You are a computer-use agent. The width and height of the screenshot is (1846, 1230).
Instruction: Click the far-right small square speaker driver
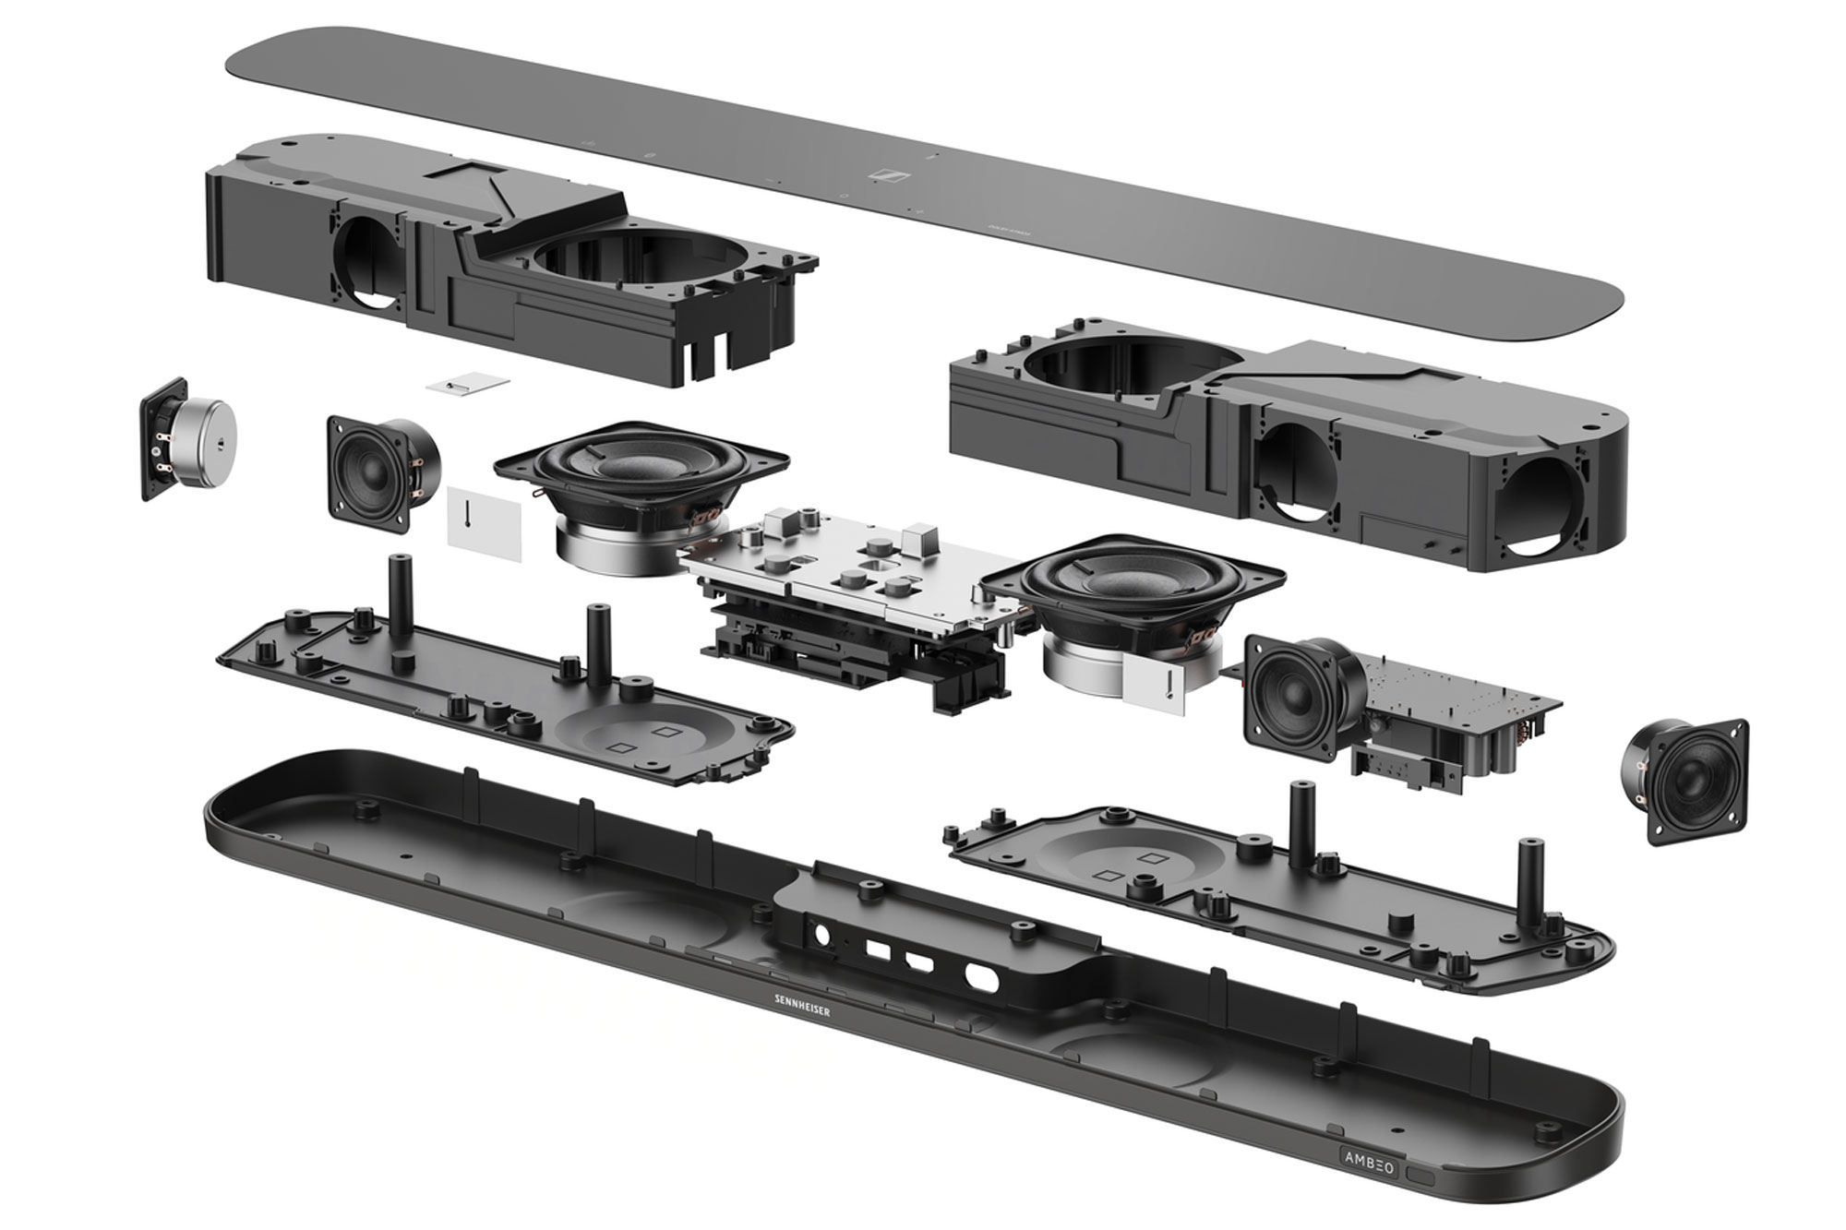click(x=1684, y=782)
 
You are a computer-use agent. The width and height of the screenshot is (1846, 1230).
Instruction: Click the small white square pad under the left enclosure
click(x=468, y=384)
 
